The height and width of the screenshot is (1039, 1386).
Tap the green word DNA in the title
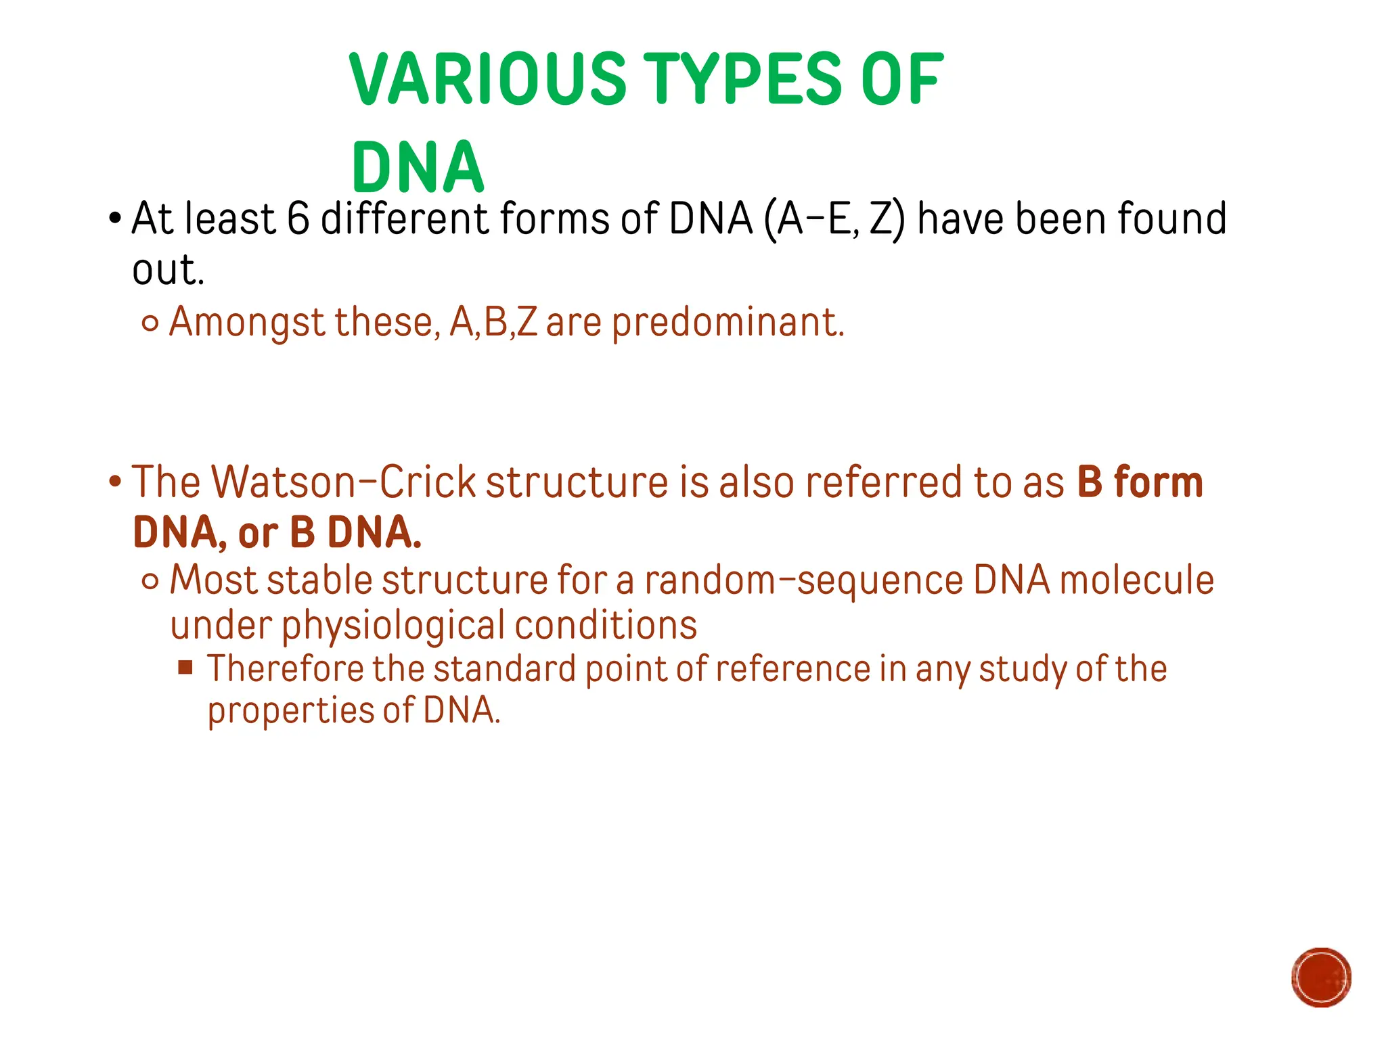[418, 168]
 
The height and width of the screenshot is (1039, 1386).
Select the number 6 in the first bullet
[298, 219]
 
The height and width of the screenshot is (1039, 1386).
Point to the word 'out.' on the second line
[168, 271]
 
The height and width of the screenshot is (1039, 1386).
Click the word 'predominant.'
[728, 323]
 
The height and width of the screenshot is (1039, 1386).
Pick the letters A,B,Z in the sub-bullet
[493, 322]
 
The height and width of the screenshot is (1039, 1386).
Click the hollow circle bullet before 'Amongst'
[150, 324]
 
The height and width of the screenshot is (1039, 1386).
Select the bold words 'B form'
[1140, 482]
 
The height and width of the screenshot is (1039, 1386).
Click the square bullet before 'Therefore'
[185, 668]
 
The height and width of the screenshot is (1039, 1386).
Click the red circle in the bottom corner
[1321, 977]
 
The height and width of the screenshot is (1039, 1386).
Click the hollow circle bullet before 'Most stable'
[150, 581]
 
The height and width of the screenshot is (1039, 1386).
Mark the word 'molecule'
[1136, 580]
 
